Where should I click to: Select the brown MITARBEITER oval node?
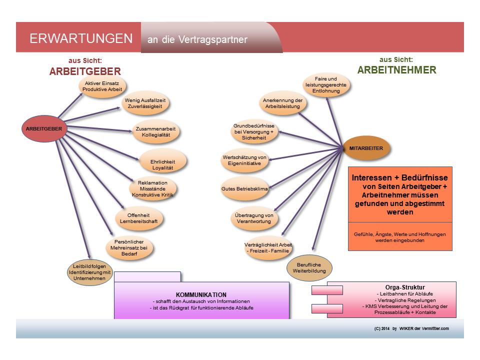pyautogui.click(x=366, y=148)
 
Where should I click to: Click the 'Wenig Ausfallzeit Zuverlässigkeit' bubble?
pyautogui.click(x=145, y=103)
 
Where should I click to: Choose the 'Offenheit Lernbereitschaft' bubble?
pyautogui.click(x=139, y=217)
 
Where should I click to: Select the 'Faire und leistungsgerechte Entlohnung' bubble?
pyautogui.click(x=325, y=85)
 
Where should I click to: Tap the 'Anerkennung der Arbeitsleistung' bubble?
pyautogui.click(x=282, y=103)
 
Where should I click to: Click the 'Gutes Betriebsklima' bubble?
pyautogui.click(x=244, y=189)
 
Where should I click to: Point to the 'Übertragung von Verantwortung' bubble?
pyautogui.click(x=254, y=218)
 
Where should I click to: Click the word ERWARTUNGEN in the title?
pyautogui.click(x=81, y=39)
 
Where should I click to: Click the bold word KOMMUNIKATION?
pyautogui.click(x=201, y=295)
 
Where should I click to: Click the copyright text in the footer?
pyautogui.click(x=411, y=328)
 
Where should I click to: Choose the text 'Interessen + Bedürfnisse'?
pyautogui.click(x=400, y=178)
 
